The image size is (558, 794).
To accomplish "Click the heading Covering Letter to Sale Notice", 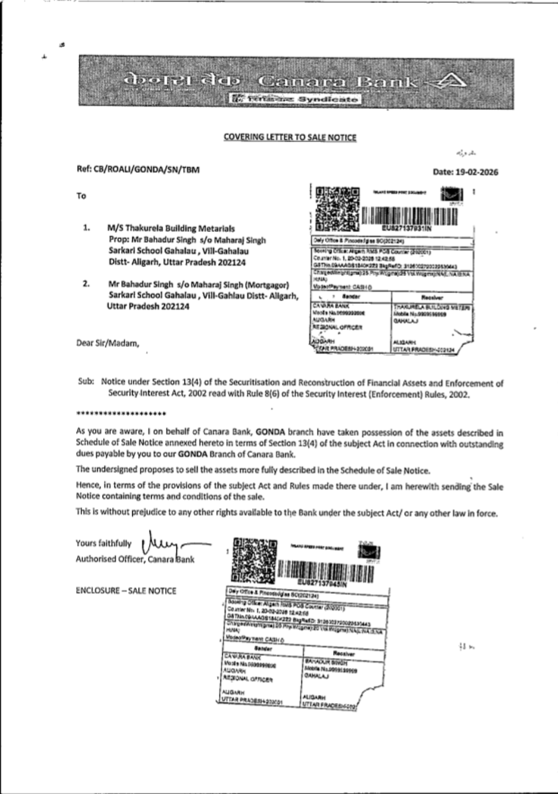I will coord(290,137).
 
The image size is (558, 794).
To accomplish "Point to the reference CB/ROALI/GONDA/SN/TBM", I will coord(138,170).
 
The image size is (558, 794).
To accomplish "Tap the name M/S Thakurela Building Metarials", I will coord(171,228).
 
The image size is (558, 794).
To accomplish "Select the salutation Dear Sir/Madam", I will coord(108,343).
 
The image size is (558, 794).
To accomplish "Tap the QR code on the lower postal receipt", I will coord(254,560).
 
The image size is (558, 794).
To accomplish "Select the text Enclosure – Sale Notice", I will coord(126,590).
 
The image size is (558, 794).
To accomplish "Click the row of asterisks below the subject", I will coord(121,414).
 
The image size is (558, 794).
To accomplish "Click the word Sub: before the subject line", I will coord(85,382).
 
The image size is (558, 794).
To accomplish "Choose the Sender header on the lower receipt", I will coord(262,648).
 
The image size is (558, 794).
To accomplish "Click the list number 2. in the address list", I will coord(86,284).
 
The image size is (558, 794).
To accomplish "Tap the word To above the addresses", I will coord(81,196).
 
